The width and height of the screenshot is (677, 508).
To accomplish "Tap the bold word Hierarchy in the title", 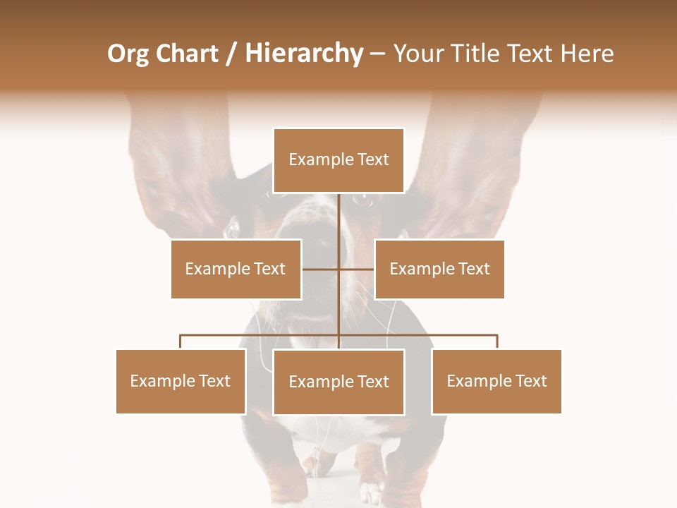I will coord(304,54).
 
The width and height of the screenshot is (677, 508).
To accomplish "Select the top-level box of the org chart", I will coord(338,160).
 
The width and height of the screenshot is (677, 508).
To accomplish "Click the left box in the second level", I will coord(236,269).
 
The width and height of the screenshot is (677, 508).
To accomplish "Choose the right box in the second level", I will coord(439,269).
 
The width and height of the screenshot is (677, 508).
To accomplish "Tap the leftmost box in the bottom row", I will coord(181,381).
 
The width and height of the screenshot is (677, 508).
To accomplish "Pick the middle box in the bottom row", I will coord(338,382).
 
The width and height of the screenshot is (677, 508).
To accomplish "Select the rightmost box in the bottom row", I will coord(496,381).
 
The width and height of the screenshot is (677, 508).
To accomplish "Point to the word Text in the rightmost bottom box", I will coord(531,381).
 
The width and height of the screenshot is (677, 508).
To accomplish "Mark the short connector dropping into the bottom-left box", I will coord(181,341).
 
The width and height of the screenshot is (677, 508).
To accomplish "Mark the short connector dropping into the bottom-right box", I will coord(497,341).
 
